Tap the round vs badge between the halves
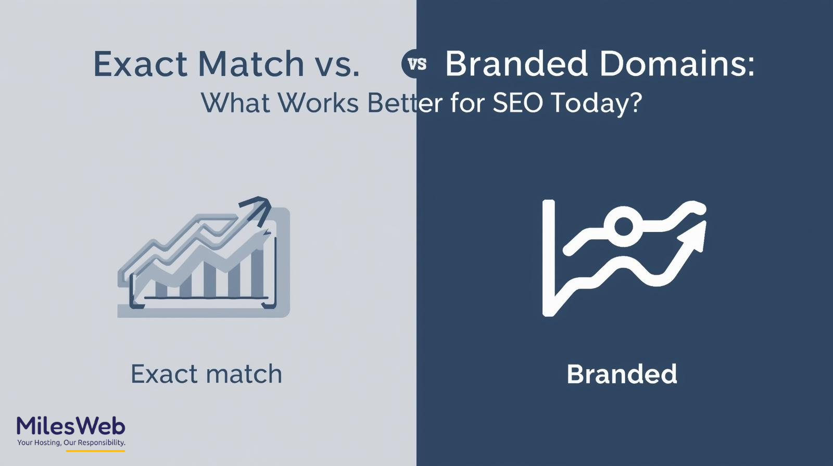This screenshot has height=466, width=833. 416,63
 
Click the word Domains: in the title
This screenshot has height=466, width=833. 677,63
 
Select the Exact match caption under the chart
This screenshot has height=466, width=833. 206,374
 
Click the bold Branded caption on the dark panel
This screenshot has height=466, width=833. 622,374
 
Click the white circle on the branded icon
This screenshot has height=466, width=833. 623,226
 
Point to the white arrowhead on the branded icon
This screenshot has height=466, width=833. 695,236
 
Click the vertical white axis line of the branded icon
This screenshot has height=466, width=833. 549,258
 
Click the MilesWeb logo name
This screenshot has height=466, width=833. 71,426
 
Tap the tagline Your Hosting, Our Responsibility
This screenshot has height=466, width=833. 71,443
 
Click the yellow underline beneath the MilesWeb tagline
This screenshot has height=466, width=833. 96,451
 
